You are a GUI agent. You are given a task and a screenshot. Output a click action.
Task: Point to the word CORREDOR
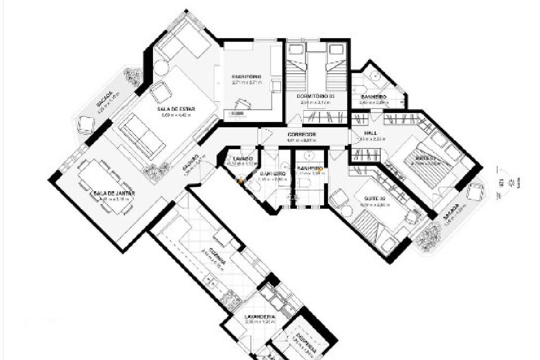click(x=301, y=134)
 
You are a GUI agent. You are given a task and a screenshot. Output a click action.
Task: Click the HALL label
click(x=370, y=133)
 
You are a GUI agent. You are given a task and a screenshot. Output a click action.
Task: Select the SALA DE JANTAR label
click(x=115, y=193)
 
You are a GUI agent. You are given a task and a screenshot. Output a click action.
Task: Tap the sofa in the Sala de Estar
click(x=140, y=136)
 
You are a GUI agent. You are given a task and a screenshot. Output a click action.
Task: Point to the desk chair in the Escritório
click(x=243, y=103)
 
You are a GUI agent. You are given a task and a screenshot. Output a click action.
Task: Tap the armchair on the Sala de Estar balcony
click(x=86, y=124)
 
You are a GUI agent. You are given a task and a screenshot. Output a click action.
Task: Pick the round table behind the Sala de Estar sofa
click(x=160, y=68)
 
